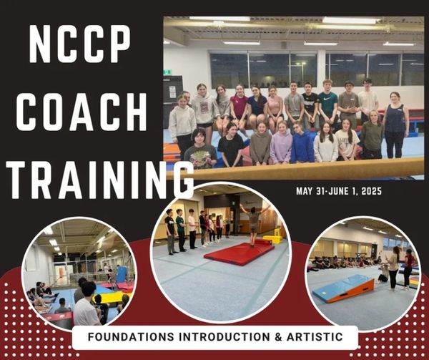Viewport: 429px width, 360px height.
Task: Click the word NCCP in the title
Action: pyautogui.click(x=79, y=44)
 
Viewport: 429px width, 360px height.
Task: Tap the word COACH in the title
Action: pyautogui.click(x=82, y=112)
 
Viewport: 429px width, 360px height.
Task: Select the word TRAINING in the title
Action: pyautogui.click(x=100, y=180)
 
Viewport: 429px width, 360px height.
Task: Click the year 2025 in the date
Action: pyautogui.click(x=371, y=191)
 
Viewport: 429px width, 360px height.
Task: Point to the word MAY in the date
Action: pyautogui.click(x=305, y=191)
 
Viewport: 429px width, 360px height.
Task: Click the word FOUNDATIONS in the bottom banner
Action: pyautogui.click(x=131, y=336)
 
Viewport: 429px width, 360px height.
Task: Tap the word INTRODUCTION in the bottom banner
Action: pyautogui.click(x=225, y=336)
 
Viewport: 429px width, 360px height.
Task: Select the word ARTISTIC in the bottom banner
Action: pyautogui.click(x=315, y=336)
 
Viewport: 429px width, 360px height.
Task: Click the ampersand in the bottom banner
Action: pyautogui.click(x=279, y=336)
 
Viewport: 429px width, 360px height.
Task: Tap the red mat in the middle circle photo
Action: pyautogui.click(x=239, y=253)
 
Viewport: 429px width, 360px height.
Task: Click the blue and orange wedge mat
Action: pyautogui.click(x=344, y=288)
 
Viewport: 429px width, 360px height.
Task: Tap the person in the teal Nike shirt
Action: pyautogui.click(x=327, y=104)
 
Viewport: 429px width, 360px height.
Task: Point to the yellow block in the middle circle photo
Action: pyautogui.click(x=272, y=239)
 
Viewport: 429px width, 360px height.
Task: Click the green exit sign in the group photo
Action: pyautogui.click(x=166, y=72)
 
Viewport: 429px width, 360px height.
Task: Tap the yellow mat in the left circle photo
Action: pyautogui.click(x=109, y=297)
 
